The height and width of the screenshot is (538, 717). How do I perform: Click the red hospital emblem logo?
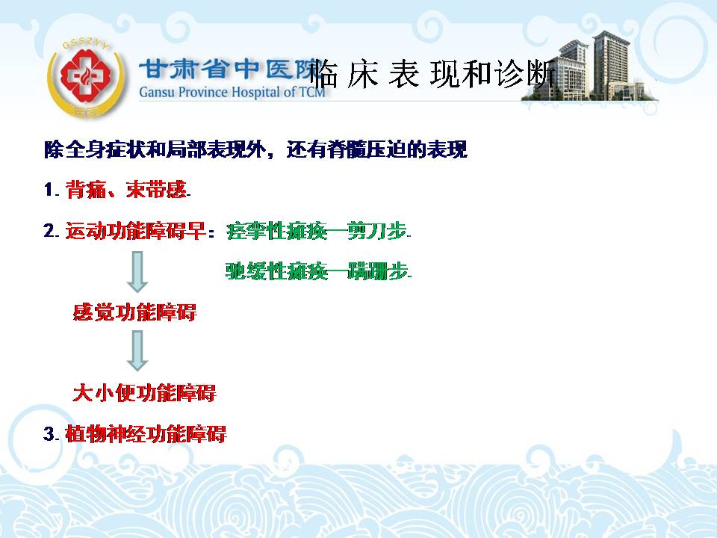[x=86, y=77]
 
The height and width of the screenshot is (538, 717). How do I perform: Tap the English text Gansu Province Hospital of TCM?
[x=232, y=92]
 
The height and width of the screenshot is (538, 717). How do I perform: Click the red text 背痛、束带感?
[x=126, y=189]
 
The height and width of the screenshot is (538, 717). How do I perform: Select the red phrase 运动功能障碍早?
[x=135, y=231]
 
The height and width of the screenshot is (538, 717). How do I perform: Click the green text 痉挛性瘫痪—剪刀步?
[x=317, y=231]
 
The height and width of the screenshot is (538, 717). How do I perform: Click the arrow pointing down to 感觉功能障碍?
[x=137, y=271]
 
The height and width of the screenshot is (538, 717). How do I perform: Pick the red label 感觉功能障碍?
[x=135, y=312]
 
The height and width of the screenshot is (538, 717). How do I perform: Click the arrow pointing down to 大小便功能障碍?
[x=137, y=350]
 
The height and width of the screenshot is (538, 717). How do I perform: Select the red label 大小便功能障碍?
[x=144, y=393]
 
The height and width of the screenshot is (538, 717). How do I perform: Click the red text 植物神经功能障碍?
[x=146, y=433]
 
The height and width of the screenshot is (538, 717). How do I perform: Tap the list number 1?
[x=49, y=189]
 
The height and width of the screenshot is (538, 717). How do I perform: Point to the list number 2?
[x=49, y=231]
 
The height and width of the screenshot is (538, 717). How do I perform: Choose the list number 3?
[x=49, y=433]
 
